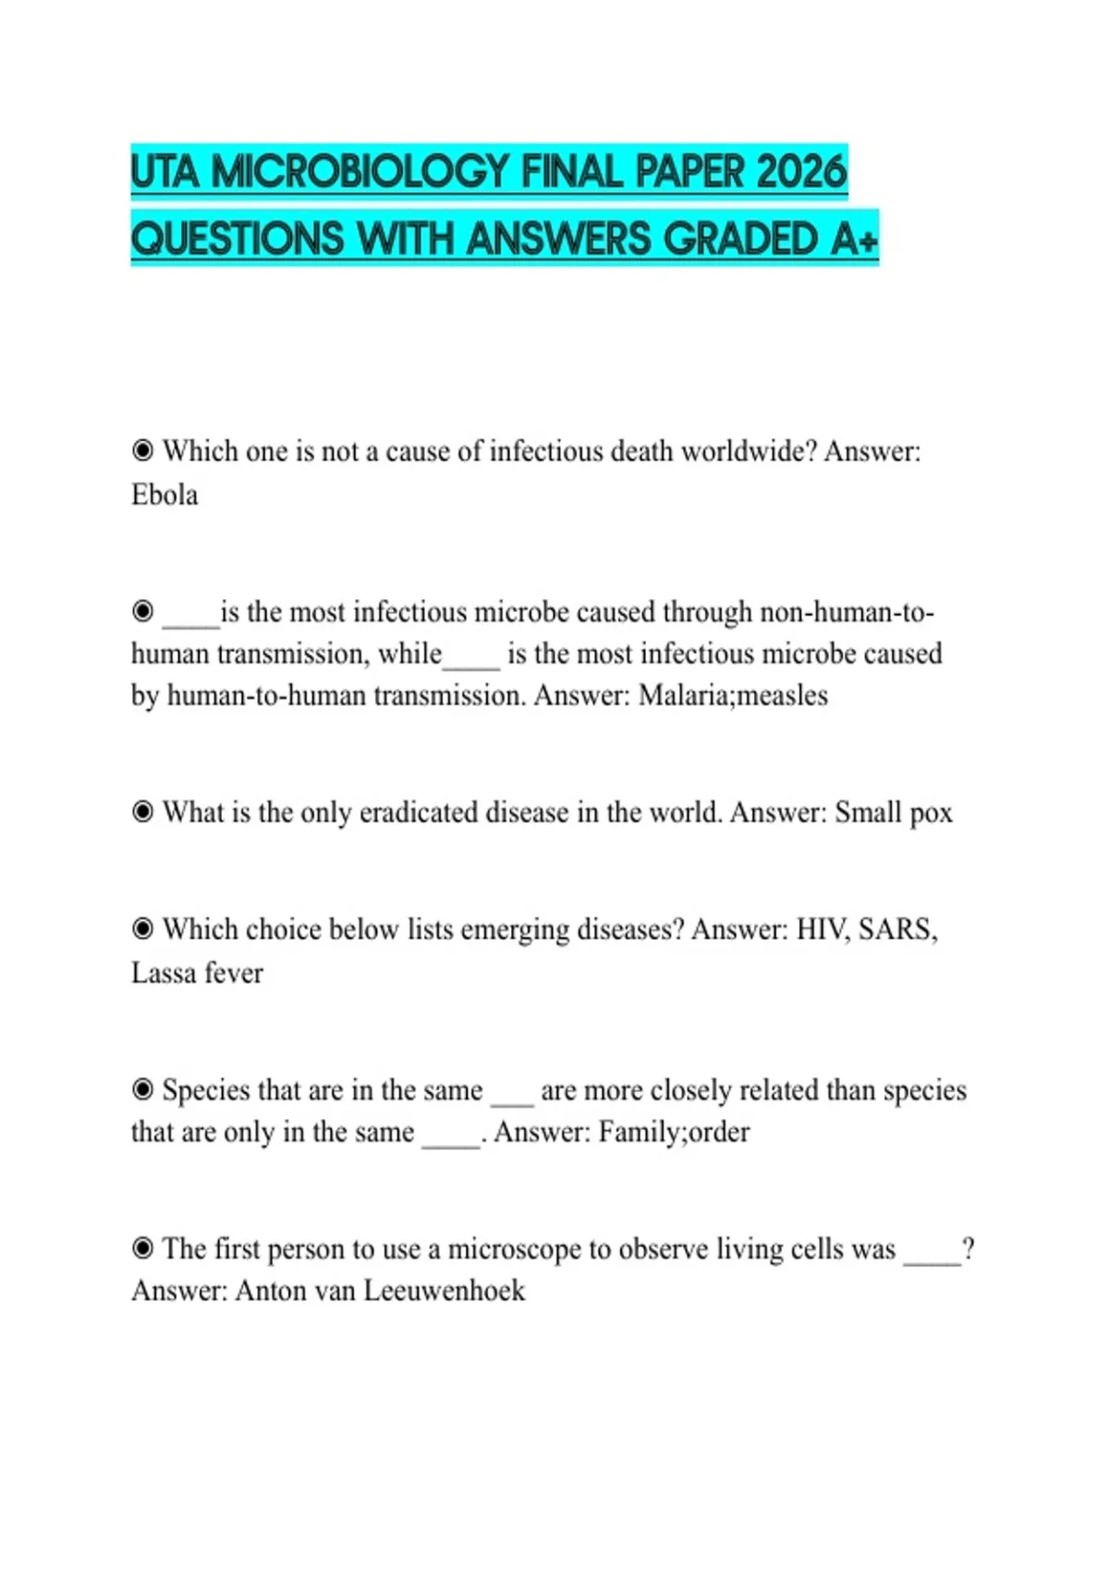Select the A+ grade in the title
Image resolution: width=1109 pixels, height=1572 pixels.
(x=854, y=239)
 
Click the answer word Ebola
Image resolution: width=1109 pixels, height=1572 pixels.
(x=165, y=495)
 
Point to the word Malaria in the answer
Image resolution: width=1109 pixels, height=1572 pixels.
(x=682, y=694)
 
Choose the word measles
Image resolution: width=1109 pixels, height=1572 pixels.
(x=782, y=694)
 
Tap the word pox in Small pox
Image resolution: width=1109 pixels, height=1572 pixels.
(x=931, y=814)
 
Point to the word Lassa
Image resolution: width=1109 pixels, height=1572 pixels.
(x=163, y=972)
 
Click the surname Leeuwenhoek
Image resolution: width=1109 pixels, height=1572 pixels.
(x=444, y=1290)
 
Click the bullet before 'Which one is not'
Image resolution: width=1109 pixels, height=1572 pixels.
(x=142, y=451)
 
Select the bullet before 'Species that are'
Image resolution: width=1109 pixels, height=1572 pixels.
(x=142, y=1089)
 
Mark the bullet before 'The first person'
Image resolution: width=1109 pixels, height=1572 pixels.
(x=142, y=1248)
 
